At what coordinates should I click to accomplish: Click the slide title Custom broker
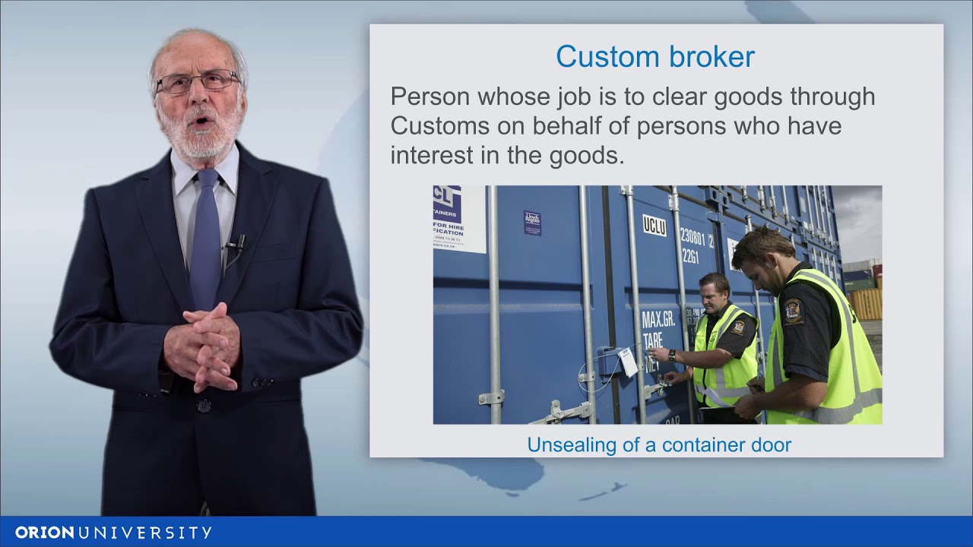point(654,57)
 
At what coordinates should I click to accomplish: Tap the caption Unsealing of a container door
point(659,444)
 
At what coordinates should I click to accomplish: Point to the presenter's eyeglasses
point(198,81)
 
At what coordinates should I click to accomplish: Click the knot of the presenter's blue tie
point(206,179)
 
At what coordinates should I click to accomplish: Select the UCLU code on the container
point(654,225)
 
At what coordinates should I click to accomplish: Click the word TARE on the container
point(653,339)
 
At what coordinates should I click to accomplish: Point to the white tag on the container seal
point(629,362)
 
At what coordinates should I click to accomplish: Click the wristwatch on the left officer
point(672,355)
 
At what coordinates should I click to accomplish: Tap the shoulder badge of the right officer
point(794,311)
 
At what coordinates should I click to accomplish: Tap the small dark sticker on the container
point(532,223)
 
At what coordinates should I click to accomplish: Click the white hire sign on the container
point(459,218)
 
